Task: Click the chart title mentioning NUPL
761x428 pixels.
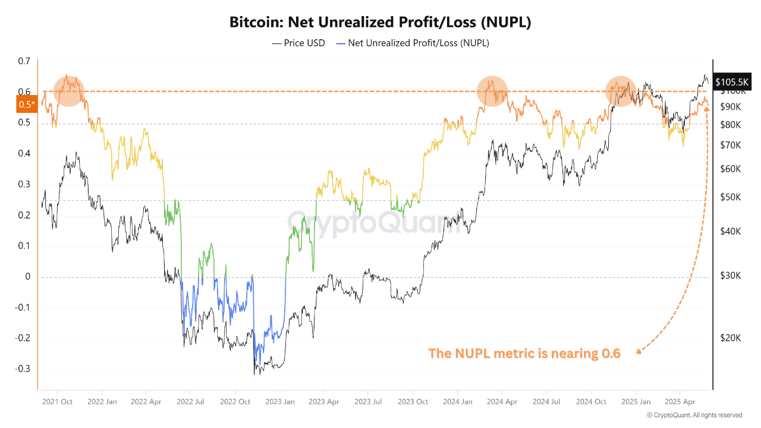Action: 380,23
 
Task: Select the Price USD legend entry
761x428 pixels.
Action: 298,43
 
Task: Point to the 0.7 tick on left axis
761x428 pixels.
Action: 24,61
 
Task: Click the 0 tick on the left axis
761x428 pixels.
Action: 27,277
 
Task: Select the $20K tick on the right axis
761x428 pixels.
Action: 730,338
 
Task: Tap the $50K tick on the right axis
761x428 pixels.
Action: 730,197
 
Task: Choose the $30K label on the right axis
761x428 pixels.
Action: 730,276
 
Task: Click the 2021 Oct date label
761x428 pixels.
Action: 58,401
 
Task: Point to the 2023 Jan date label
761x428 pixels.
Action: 279,401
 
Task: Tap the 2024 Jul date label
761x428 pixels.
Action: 547,401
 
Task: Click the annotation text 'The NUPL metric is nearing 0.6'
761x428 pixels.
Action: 524,354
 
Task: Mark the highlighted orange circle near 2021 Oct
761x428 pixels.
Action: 69,91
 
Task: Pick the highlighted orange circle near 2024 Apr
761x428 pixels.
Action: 492,91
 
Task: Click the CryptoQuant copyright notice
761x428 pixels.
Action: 694,415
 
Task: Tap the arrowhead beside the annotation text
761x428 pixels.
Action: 639,351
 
